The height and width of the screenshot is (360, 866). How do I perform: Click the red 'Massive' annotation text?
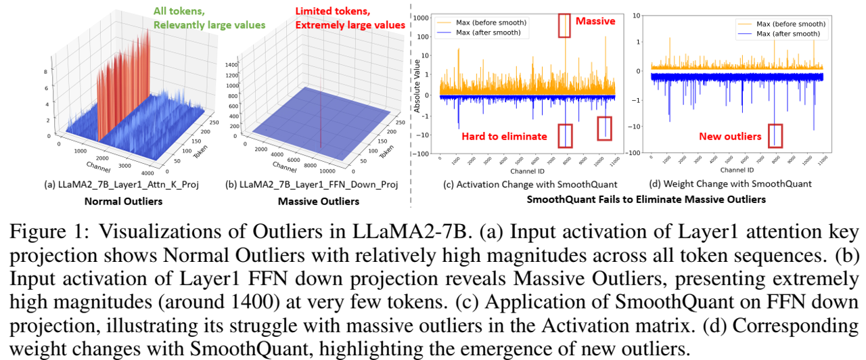(595, 21)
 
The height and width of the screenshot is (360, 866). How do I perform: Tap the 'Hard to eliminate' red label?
(504, 137)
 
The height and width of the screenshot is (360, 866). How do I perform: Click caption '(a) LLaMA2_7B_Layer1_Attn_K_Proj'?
(122, 185)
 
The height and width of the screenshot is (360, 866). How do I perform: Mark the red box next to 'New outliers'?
(775, 135)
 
